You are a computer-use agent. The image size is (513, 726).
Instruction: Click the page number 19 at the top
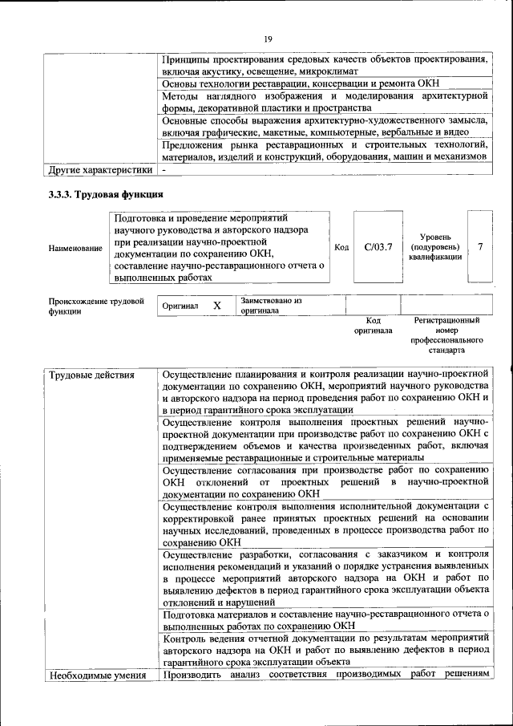point(268,39)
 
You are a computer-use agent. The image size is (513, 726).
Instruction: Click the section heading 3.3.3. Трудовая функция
point(106,194)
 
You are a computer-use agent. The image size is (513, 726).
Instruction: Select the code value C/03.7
point(378,247)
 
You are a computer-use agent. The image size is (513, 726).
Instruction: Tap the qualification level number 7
point(480,247)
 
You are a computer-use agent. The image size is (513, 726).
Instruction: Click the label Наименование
point(75,249)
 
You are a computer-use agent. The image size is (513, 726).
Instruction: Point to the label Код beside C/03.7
point(341,247)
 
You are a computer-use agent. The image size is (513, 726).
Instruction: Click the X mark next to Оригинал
point(216,306)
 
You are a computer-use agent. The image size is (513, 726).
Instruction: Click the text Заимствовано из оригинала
point(270,306)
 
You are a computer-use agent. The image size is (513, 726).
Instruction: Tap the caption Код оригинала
point(373,325)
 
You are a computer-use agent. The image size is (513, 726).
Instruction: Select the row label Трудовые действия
point(91,375)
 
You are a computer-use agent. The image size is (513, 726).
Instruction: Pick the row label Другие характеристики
point(99,169)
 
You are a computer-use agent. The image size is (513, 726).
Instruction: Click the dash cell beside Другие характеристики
point(164,169)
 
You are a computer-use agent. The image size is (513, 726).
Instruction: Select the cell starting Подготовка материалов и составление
point(325,619)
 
